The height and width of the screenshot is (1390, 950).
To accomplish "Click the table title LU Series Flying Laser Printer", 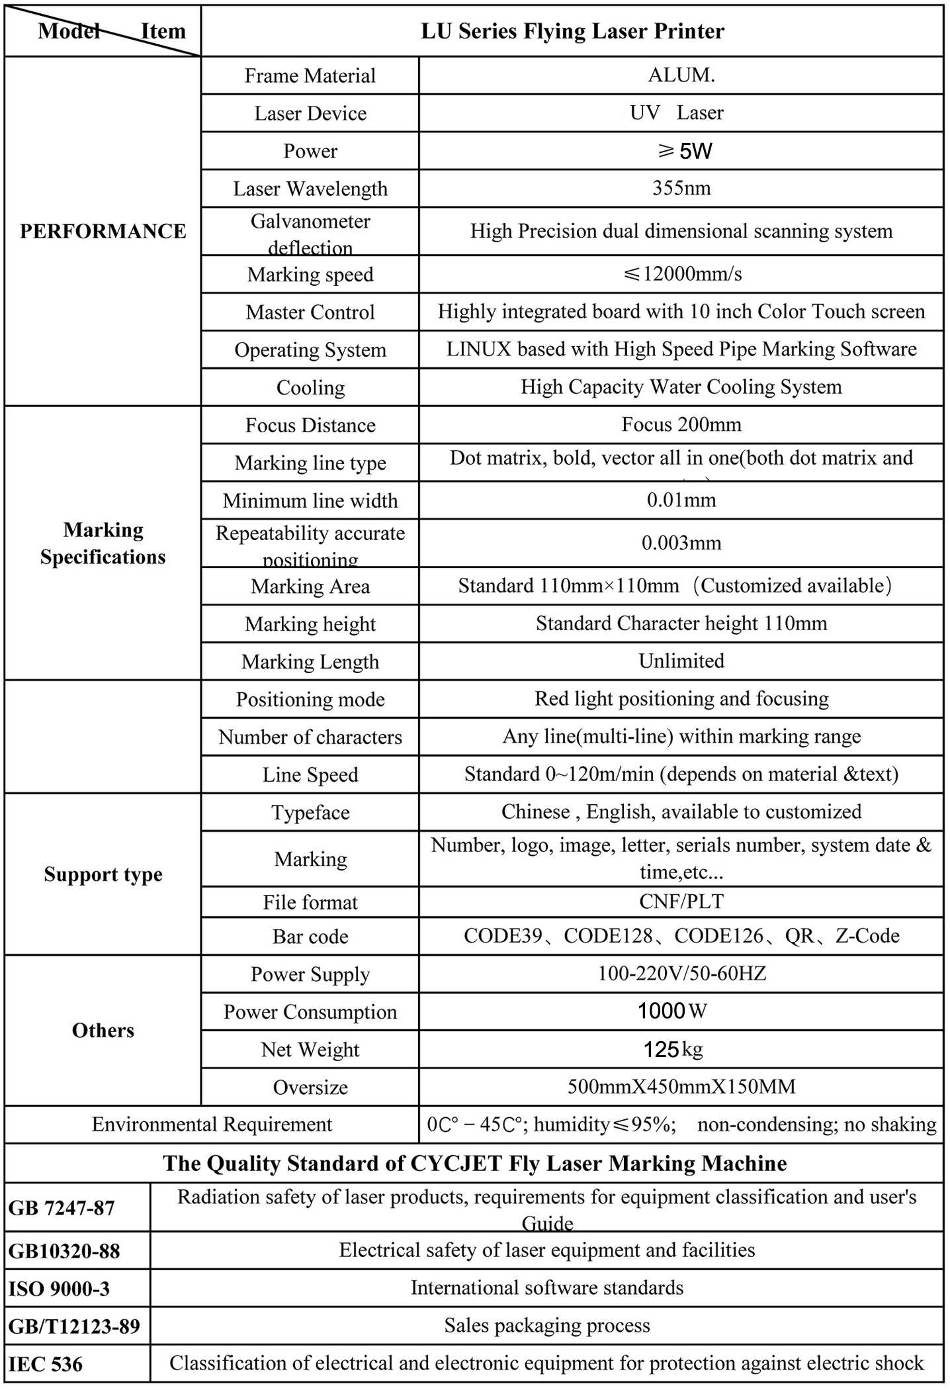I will [572, 31].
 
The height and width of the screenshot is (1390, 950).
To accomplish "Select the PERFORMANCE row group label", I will [103, 231].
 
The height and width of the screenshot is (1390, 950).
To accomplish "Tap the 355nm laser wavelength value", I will [681, 188].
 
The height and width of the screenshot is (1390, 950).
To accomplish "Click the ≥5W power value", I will [684, 151].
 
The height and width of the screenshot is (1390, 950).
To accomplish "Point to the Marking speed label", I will [310, 274].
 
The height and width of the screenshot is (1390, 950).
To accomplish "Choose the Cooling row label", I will [310, 387].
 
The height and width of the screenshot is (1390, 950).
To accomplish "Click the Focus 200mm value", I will [681, 424].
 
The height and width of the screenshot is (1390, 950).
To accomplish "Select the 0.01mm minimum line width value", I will [681, 500].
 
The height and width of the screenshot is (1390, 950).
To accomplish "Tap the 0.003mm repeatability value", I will [681, 543].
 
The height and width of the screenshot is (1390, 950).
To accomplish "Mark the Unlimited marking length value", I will [681, 661].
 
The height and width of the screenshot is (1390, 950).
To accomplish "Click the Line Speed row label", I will [310, 774].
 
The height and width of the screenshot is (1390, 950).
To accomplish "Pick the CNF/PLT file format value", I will [681, 901].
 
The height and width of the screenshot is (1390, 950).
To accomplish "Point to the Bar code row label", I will [310, 936].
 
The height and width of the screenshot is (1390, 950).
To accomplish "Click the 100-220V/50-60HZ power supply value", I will [681, 973].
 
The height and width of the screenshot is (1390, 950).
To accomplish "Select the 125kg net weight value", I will [673, 1049].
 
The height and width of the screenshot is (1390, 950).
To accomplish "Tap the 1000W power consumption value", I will [671, 1011].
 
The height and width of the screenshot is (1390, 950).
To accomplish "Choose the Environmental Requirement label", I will [212, 1124].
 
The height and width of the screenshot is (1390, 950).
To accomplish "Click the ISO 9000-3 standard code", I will [59, 1288].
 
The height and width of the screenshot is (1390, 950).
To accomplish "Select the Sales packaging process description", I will [546, 1325].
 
